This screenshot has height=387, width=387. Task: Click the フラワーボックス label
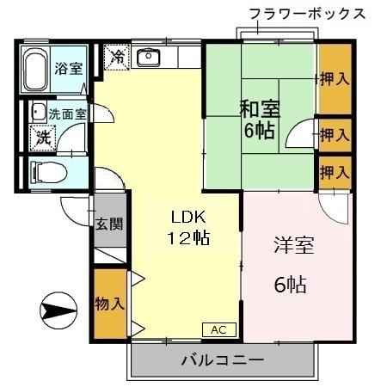click(x=306, y=14)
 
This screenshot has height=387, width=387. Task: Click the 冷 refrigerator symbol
click(x=116, y=58)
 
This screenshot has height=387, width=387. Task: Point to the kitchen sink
click(x=150, y=58)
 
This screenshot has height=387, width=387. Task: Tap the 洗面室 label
click(x=66, y=113)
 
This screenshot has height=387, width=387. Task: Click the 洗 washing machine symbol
click(x=41, y=136)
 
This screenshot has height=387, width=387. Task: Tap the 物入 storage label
click(x=109, y=304)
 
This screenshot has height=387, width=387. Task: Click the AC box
click(x=218, y=329)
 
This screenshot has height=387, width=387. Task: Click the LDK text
click(x=188, y=216)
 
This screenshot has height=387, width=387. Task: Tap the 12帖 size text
click(x=188, y=237)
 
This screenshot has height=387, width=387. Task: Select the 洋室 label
click(x=295, y=245)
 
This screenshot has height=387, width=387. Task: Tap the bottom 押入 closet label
click(x=335, y=172)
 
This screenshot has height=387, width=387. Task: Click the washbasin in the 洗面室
click(x=38, y=111)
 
